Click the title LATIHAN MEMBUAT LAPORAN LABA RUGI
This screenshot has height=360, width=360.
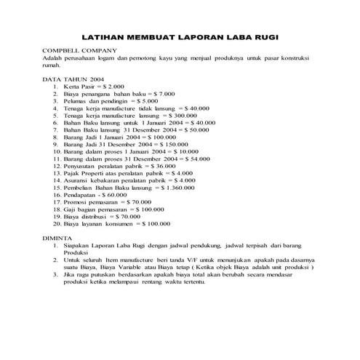click(x=180, y=36)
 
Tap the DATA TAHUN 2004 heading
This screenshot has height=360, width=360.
click(x=73, y=78)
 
